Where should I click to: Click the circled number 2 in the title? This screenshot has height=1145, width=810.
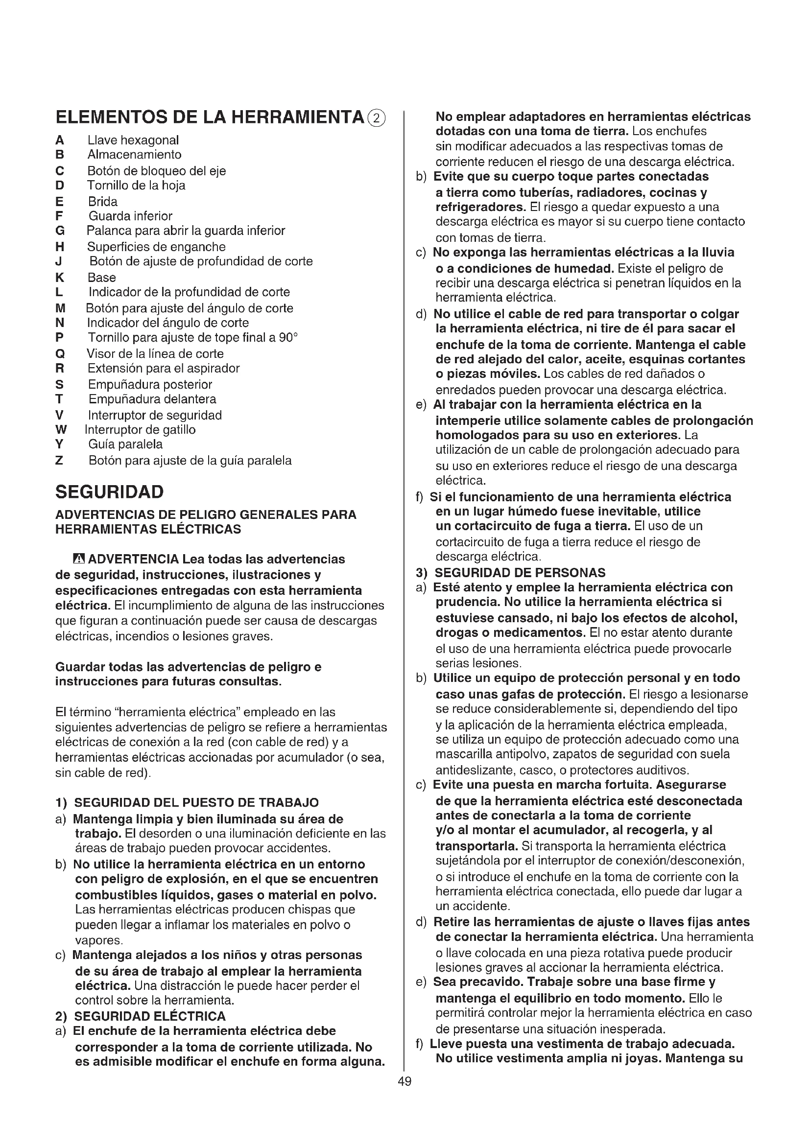point(377,118)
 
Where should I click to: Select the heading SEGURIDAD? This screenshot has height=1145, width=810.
point(109,491)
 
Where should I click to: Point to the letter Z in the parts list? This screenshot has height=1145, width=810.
point(59,460)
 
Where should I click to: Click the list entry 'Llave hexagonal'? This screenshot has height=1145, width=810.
point(133,140)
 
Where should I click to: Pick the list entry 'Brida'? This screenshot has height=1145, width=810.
point(103,202)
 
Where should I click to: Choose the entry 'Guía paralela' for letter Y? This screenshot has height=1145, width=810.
point(125,444)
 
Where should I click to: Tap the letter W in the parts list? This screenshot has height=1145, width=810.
point(61,429)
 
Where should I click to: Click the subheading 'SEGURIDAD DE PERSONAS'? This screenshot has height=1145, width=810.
point(520,573)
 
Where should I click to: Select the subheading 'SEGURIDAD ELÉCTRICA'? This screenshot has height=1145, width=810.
point(150,1016)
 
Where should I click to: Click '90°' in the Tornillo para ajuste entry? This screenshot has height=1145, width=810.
point(288,338)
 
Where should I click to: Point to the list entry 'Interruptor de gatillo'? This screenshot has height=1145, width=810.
point(140,429)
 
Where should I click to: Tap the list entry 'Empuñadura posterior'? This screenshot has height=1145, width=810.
point(150,384)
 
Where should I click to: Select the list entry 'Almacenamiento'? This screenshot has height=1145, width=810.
point(134,155)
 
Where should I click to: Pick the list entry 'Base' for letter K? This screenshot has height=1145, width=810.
point(102,277)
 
